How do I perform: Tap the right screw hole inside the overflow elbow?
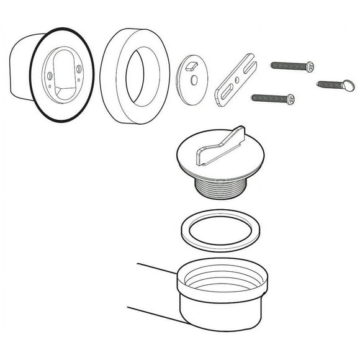79,77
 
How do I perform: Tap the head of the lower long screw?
289,97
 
